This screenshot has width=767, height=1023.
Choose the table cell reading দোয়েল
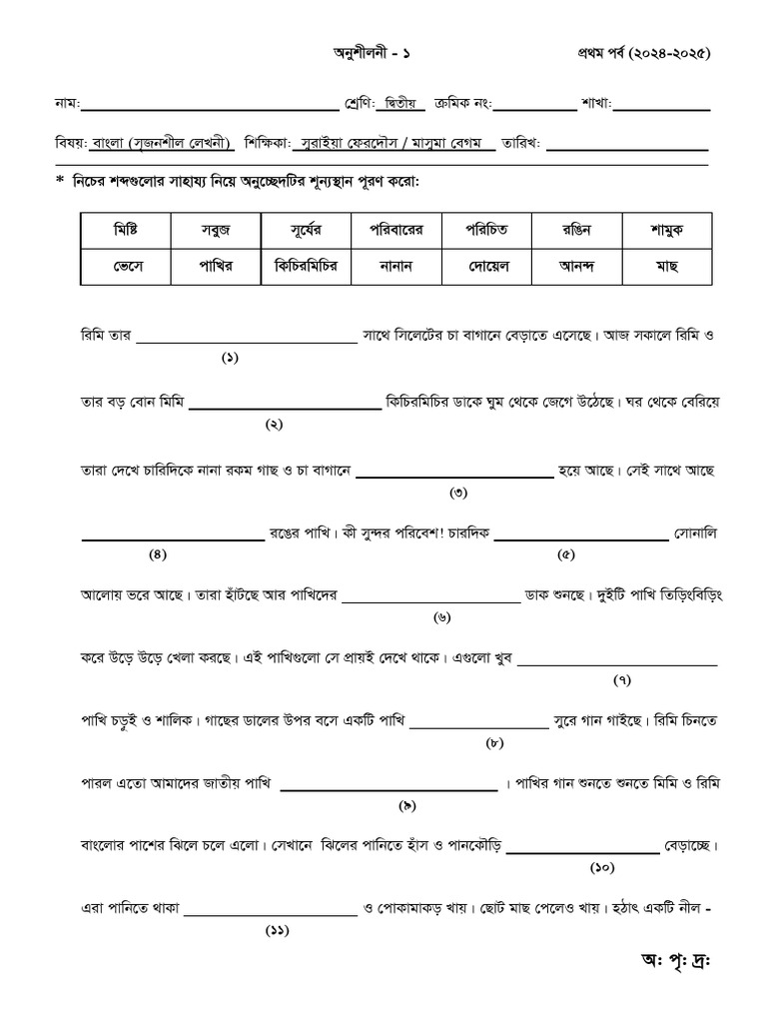[486, 267]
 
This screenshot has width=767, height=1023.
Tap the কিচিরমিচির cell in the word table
[306, 267]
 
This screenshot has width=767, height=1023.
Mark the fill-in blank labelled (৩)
[454, 476]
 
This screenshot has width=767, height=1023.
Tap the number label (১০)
[602, 867]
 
